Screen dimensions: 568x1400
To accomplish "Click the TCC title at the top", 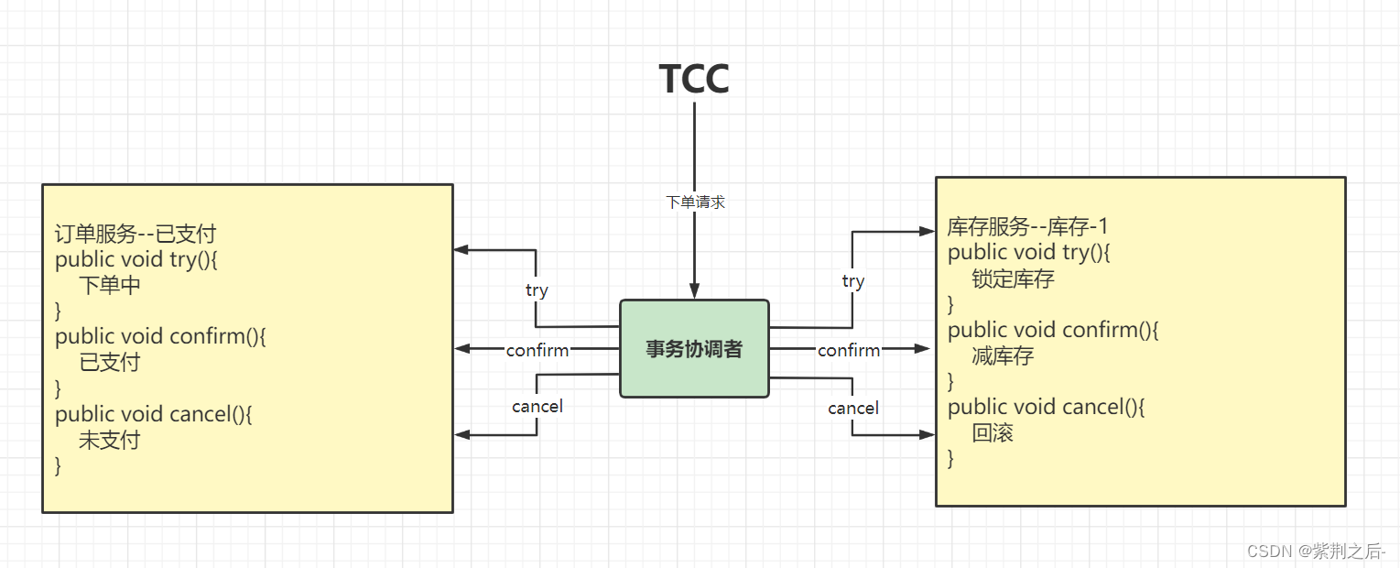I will pos(694,79).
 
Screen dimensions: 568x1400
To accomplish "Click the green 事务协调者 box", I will pos(694,349).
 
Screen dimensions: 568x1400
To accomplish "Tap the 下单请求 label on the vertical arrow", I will pos(695,202).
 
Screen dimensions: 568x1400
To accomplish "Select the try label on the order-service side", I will pos(537,290).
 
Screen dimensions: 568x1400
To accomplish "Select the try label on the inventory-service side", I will pos(852,281).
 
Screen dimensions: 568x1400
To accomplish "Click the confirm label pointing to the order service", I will pos(537,350).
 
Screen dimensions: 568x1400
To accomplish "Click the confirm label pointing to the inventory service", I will pos(849,350).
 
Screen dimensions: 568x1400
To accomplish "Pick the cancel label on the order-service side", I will pos(537,406).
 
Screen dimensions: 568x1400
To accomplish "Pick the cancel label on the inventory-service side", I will pos(852,408).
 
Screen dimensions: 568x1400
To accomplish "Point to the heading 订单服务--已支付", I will pos(136,234).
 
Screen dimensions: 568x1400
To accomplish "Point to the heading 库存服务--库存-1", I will pos(1028,226).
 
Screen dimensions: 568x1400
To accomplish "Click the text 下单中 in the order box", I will pos(110,285).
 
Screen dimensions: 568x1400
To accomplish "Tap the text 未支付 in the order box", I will pos(110,440).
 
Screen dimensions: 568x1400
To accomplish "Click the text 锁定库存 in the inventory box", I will pos(1013,279).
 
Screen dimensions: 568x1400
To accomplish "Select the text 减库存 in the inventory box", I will pos(1003,355).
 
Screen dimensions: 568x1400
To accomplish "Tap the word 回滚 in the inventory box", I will pos(993,432).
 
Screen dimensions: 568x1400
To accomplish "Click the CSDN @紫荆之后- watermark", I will pos(1316,551).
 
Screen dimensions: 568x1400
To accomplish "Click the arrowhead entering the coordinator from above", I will pos(694,291).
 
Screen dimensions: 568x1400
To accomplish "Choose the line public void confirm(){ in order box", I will pos(160,336).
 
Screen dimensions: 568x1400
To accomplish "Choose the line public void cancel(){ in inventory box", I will pos(1046,407).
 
